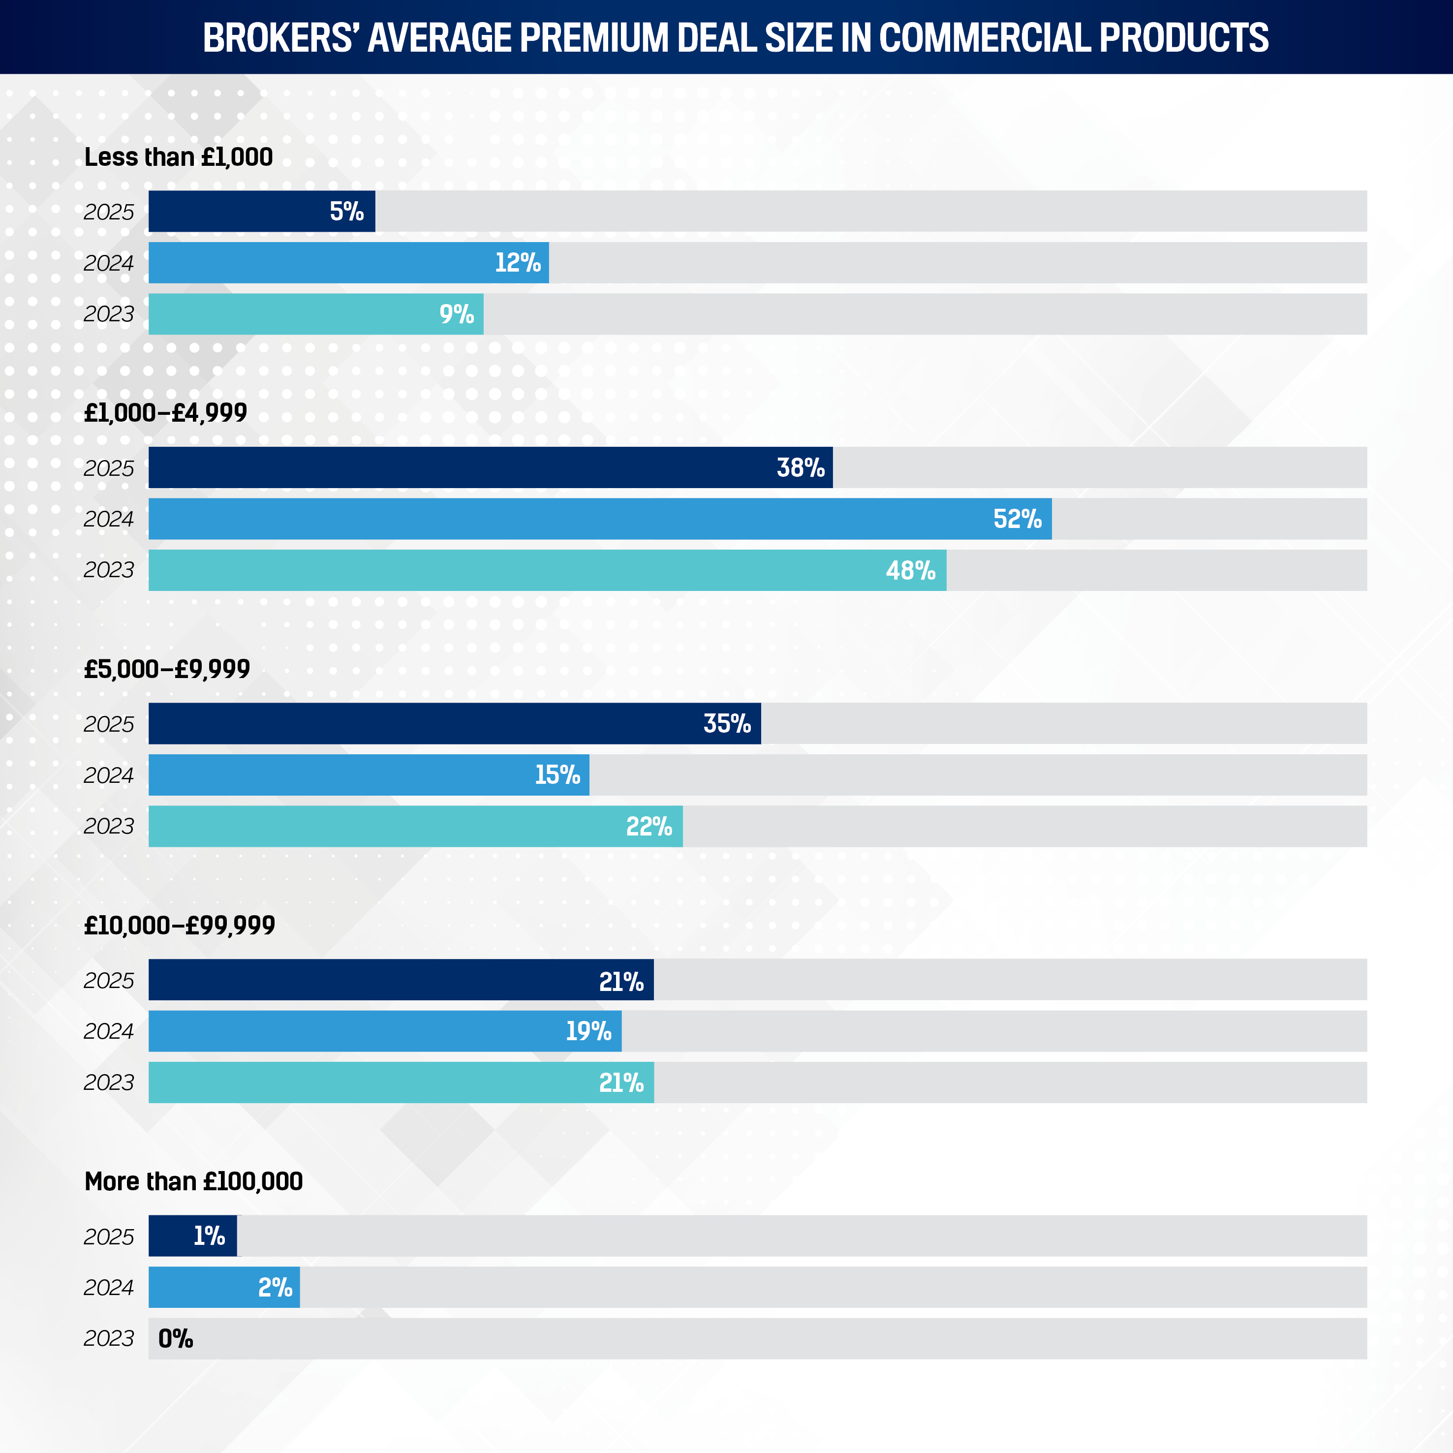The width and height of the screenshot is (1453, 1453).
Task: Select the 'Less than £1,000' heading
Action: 178,157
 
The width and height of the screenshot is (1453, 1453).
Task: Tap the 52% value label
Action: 1017,519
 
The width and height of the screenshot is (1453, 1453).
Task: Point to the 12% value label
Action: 518,262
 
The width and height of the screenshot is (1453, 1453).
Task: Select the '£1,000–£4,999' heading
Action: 165,413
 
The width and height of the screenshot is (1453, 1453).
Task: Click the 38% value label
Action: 800,468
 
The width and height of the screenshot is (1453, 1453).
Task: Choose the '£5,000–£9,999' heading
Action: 167,669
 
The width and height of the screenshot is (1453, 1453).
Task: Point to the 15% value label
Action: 557,774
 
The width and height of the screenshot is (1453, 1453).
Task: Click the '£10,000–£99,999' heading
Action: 179,925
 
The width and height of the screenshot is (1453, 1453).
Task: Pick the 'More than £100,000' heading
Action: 193,1181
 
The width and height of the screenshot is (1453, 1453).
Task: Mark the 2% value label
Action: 275,1288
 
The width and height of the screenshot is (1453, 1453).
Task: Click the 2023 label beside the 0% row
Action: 109,1339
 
